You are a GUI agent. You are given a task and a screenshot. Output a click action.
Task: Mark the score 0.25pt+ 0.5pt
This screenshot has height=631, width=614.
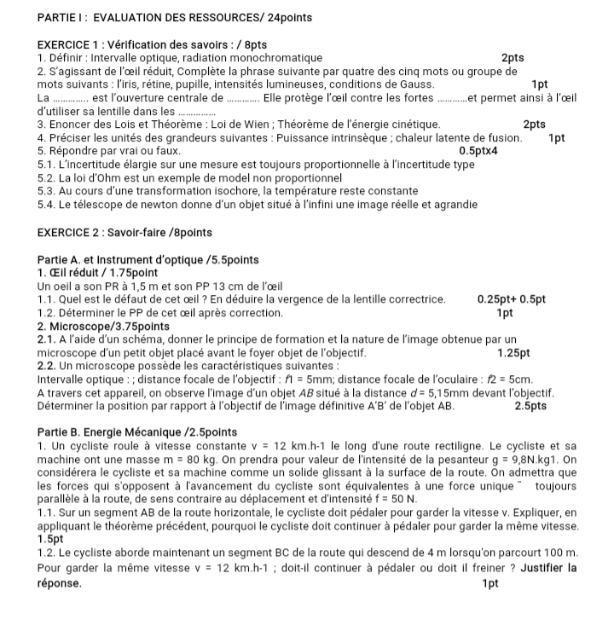512,299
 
